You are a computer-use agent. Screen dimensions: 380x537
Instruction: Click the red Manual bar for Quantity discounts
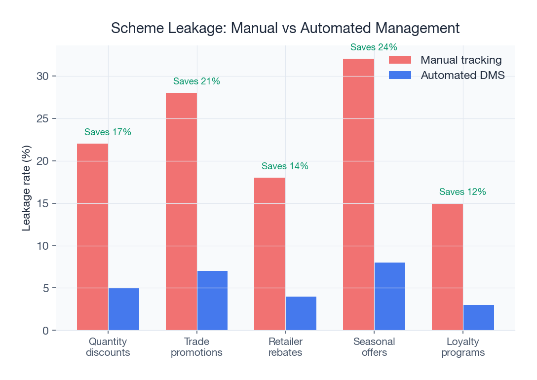(93, 237)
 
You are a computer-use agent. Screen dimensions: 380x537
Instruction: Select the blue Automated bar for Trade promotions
(212, 301)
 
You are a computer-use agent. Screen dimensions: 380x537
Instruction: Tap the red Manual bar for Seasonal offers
(358, 194)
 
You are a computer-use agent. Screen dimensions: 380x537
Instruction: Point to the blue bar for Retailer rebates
(301, 313)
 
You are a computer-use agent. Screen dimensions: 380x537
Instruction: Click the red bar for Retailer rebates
(269, 254)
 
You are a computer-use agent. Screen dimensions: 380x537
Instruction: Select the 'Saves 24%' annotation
(374, 47)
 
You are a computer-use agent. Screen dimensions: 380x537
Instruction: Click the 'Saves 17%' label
(108, 132)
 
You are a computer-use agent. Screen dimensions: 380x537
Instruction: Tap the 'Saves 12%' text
(462, 192)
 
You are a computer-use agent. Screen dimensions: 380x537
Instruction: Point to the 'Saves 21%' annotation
(196, 81)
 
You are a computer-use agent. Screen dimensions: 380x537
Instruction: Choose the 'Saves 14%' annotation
(285, 166)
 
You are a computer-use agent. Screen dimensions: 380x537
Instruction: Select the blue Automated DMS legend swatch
(400, 76)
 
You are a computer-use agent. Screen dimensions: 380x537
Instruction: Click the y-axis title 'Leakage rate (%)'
(27, 188)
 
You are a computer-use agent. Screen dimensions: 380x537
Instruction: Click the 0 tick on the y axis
(45, 331)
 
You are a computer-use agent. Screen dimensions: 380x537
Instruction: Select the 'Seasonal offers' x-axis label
(374, 347)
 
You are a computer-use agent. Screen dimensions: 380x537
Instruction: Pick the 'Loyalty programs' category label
(462, 347)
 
